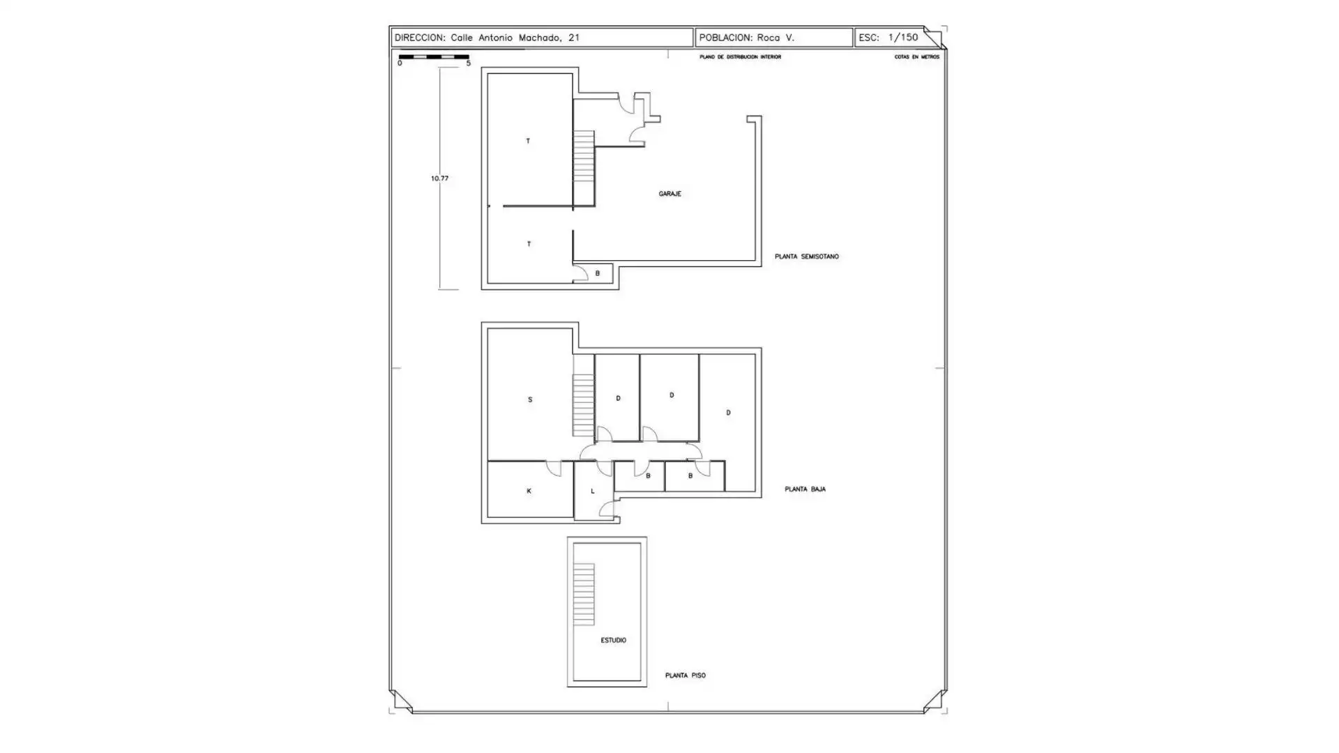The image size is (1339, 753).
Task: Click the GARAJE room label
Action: [669, 194]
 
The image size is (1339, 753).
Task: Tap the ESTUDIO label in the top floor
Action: [613, 640]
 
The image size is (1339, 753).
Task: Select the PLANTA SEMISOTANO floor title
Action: [806, 257]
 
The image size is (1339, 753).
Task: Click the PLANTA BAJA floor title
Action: [805, 489]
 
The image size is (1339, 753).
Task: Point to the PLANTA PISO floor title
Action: [685, 676]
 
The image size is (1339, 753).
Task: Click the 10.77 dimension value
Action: [439, 178]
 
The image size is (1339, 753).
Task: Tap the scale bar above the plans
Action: [434, 56]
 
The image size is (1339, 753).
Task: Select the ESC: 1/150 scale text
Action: [888, 38]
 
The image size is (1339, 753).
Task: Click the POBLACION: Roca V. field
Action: [746, 38]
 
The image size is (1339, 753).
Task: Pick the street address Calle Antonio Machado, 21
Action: [515, 38]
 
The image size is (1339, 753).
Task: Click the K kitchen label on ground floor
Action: [529, 492]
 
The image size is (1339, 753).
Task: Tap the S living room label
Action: [530, 400]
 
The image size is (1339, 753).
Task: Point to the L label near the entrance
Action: [593, 492]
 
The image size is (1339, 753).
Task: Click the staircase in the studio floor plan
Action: [584, 594]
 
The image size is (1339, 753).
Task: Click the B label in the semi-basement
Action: [597, 273]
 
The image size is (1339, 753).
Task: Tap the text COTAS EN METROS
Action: [916, 57]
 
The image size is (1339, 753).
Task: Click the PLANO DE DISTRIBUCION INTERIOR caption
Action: [740, 57]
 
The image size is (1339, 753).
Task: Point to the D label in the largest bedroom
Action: [728, 413]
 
